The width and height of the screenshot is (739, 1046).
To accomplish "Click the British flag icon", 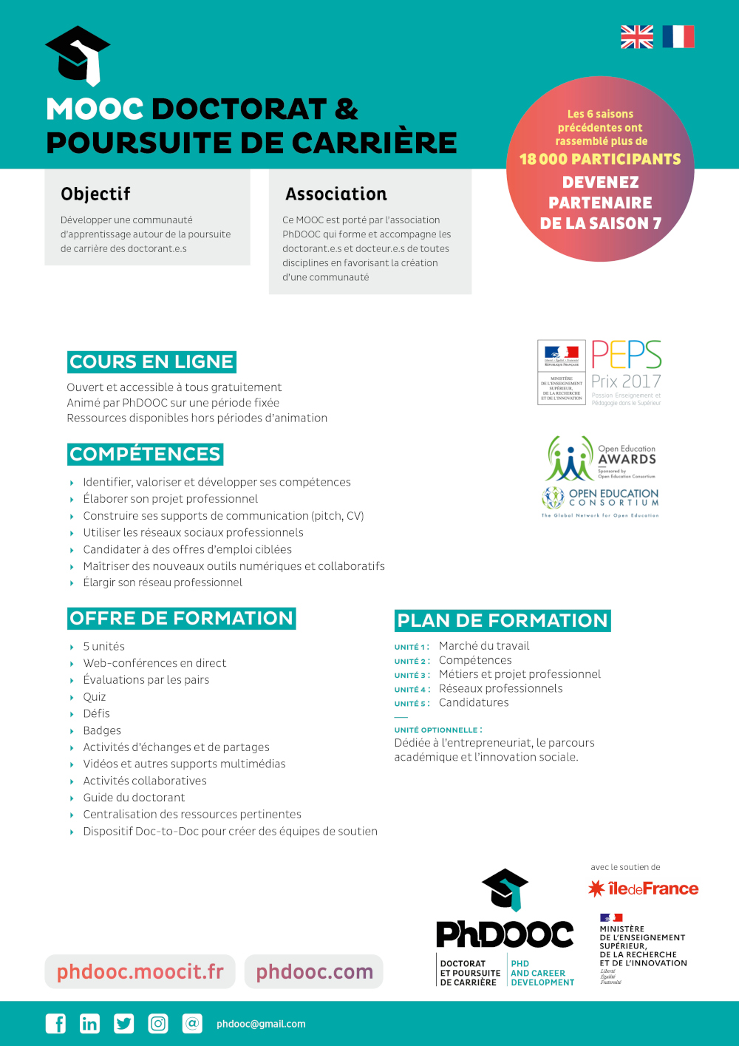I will coord(636,37).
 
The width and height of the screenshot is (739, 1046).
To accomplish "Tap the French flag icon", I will coord(678,37).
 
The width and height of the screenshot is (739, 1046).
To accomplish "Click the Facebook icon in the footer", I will coord(55,1023).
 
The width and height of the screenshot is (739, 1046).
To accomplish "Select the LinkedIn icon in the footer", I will coord(89,1023).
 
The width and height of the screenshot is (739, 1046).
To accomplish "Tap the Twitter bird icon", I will coord(123,1023).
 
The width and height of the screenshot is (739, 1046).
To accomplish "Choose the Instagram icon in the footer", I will coord(158,1023).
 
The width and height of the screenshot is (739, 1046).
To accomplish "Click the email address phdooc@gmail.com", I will coord(261,1024).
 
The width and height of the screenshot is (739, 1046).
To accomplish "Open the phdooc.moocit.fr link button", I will coord(140,971).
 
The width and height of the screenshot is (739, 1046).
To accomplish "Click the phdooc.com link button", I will coord(314,971).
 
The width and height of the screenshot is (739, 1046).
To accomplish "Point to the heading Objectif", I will coord(95,194).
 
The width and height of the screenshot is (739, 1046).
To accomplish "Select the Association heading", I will coord(336,194).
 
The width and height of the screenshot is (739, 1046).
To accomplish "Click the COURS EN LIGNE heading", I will coord(151,361).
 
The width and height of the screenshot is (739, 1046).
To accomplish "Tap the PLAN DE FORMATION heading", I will coord(503,620).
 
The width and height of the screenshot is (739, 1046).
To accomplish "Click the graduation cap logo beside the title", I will coord(78,55).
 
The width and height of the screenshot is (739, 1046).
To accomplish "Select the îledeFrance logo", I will coord(644,889).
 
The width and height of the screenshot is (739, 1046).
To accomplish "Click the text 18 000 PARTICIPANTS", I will coord(600,159).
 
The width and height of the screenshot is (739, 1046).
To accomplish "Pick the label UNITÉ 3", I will coord(412,675).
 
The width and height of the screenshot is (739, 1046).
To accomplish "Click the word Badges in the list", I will coord(102,730).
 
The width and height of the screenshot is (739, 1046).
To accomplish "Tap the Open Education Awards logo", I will coord(601,458).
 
